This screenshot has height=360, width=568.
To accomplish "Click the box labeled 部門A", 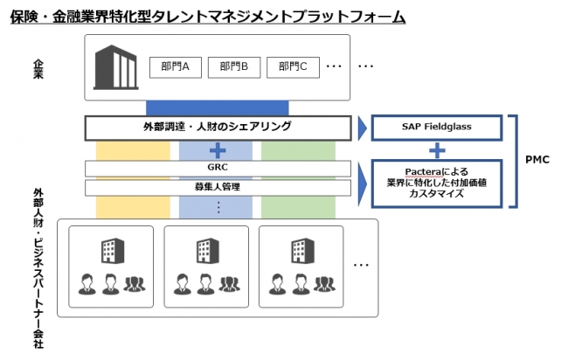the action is click(176, 67).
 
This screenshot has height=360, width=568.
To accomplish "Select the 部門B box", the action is click(234, 67).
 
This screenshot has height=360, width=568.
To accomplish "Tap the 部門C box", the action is click(293, 67).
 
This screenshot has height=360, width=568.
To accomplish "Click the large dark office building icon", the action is click(116, 67).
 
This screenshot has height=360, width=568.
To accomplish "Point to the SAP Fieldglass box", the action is click(437, 127).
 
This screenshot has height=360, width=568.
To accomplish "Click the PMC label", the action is click(537, 160).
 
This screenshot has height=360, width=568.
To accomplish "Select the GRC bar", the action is click(218, 168).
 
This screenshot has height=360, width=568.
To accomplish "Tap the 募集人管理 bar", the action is click(218, 188).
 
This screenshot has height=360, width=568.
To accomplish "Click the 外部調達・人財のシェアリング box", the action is click(218, 128).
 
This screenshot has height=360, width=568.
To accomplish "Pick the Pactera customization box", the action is click(437, 183).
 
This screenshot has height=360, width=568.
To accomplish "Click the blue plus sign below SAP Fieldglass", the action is click(437, 150).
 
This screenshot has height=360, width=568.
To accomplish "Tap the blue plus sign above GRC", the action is click(218, 150).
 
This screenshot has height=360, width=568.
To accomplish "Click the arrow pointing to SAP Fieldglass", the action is click(363, 128).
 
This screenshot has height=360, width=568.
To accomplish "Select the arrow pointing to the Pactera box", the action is click(363, 184).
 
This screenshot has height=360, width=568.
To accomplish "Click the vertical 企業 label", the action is click(38, 69).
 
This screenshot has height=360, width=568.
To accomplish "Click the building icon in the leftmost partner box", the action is click(113, 251).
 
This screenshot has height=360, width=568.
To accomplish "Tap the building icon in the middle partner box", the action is click(208, 251).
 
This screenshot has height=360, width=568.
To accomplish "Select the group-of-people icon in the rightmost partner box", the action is click(324, 284).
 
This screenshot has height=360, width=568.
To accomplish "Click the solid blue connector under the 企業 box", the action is click(218, 108).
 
